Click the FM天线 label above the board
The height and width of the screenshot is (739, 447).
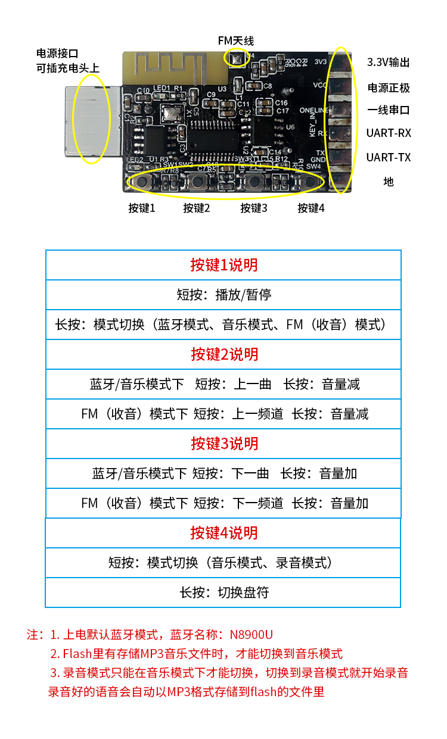tap(235, 41)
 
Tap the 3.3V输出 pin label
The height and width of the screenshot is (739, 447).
tap(388, 63)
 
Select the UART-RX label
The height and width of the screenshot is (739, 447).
tap(389, 133)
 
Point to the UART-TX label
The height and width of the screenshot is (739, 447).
tap(389, 157)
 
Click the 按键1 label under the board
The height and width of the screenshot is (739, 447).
tap(142, 208)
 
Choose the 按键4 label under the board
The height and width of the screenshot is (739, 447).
tap(311, 208)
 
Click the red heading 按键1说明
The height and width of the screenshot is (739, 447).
tap(224, 265)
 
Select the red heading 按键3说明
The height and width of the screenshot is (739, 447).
tap(225, 444)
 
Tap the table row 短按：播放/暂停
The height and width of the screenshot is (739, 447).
tap(224, 295)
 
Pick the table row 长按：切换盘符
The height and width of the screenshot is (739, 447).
tap(224, 593)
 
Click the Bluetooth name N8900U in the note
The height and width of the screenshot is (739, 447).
tap(252, 634)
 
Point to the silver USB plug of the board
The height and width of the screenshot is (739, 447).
tap(93, 121)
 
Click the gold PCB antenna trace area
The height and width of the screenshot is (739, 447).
tap(175, 68)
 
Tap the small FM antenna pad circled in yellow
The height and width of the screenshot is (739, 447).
tap(237, 59)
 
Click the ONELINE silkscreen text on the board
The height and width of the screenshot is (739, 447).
tap(313, 110)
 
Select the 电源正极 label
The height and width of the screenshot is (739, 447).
tap(389, 88)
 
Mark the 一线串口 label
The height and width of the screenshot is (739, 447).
tap(389, 110)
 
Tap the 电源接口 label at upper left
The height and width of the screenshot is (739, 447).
tap(57, 53)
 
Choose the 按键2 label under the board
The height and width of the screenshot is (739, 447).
tap(197, 208)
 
